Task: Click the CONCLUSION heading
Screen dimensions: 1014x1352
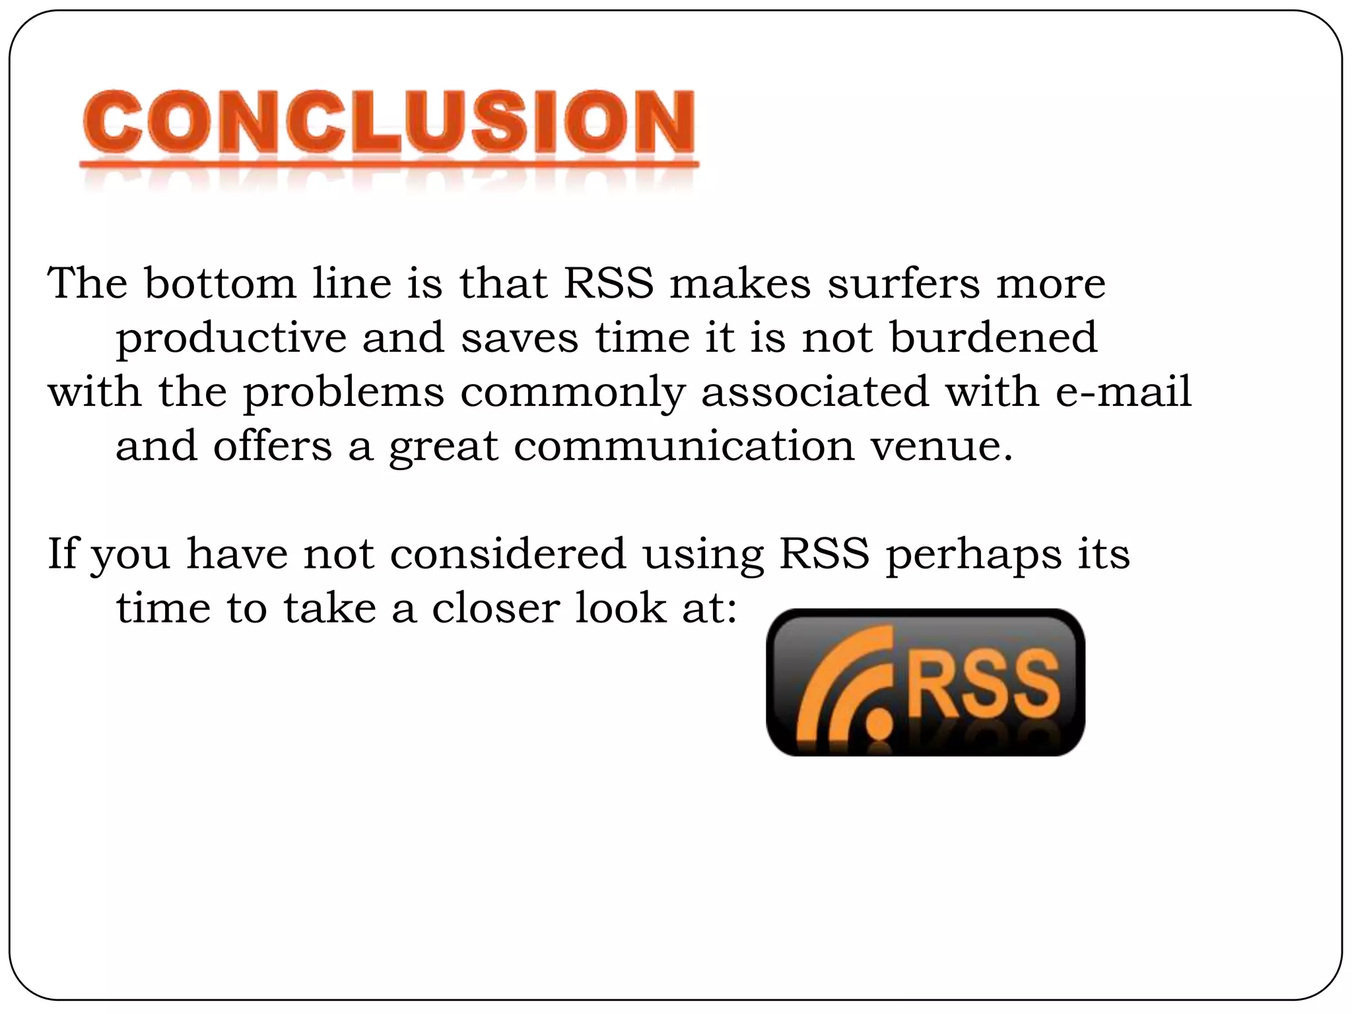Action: pyautogui.click(x=388, y=123)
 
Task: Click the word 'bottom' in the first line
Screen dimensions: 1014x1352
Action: pyautogui.click(x=220, y=284)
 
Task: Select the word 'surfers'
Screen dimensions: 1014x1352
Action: pyautogui.click(x=904, y=284)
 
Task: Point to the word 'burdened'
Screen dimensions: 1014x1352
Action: pyautogui.click(x=994, y=338)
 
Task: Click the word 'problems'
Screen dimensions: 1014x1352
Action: pyautogui.click(x=344, y=393)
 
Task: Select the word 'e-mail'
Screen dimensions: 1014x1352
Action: pyautogui.click(x=1124, y=392)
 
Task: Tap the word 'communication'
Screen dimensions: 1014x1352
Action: pyautogui.click(x=684, y=446)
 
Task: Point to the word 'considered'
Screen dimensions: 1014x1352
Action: pyautogui.click(x=508, y=554)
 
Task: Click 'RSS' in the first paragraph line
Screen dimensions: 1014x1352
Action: pyautogui.click(x=608, y=284)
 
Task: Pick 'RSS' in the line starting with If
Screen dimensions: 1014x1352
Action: pyautogui.click(x=824, y=554)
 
